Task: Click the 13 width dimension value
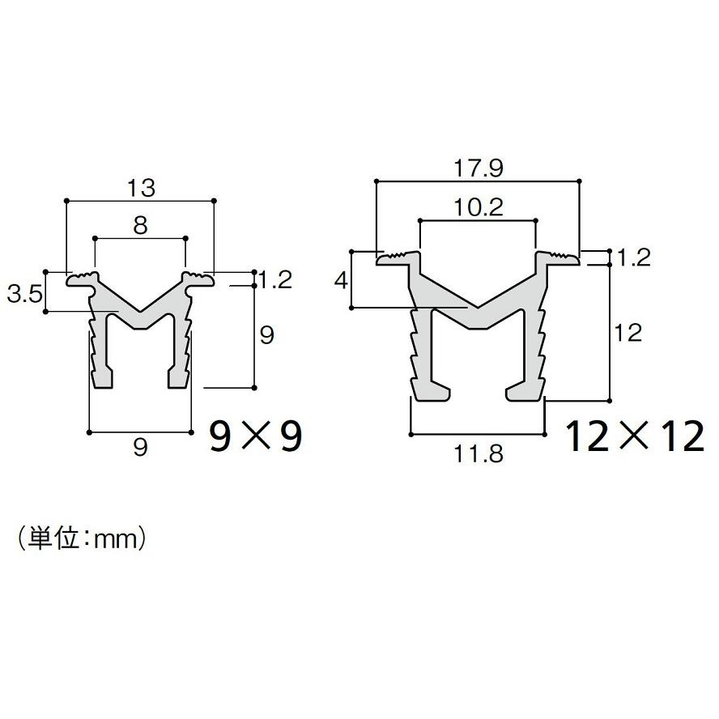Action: pos(141,188)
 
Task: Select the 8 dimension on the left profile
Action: pos(140,226)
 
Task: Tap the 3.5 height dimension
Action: pos(25,293)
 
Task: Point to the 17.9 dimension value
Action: pos(479,168)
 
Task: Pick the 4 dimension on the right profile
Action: pos(341,280)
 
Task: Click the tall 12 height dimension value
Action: pos(628,333)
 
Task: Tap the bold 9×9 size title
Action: pos(256,436)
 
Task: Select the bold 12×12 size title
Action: pos(635,436)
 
